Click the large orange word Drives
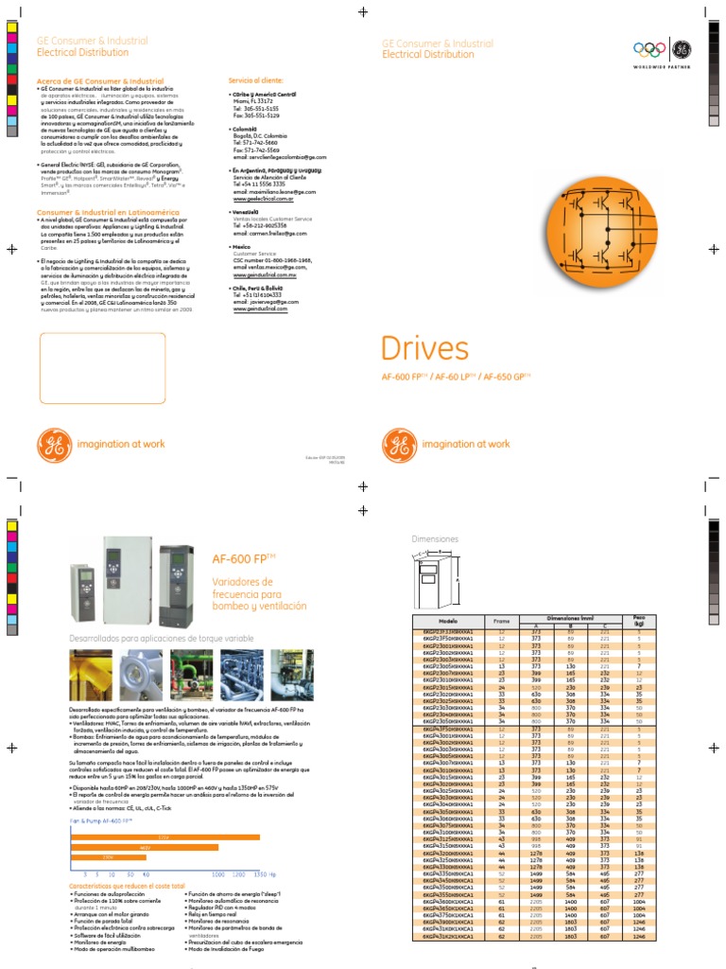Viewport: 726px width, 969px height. point(424,348)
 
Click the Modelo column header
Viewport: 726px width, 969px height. point(449,620)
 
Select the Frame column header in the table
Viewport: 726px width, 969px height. point(501,620)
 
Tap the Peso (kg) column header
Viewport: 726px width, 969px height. point(638,620)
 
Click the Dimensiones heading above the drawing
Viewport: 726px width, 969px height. point(435,538)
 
